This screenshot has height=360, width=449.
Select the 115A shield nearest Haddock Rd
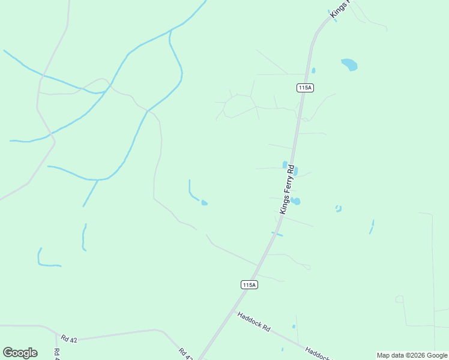pos(249,285)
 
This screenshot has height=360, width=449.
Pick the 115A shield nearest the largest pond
pos(305,88)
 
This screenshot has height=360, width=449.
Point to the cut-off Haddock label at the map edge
pos(317,353)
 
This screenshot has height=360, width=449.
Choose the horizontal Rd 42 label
pos(70,340)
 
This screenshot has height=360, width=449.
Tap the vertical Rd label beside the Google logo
pos(56,353)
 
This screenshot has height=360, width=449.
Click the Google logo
pos(20,353)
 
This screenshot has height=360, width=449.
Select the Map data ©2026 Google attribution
pos(412,355)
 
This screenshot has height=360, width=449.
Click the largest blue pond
pos(349,64)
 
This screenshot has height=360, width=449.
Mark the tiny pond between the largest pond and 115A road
pos(313,70)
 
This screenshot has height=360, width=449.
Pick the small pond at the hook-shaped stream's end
pos(205,203)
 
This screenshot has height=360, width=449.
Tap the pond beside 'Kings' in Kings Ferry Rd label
pos(295,202)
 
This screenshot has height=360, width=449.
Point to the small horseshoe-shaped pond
pos(339,209)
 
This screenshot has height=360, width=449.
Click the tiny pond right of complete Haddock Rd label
pos(294,326)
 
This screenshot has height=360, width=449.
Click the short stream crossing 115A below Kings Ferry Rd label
pos(277,233)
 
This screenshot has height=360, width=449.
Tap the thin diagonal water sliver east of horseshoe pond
pos(372,227)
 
